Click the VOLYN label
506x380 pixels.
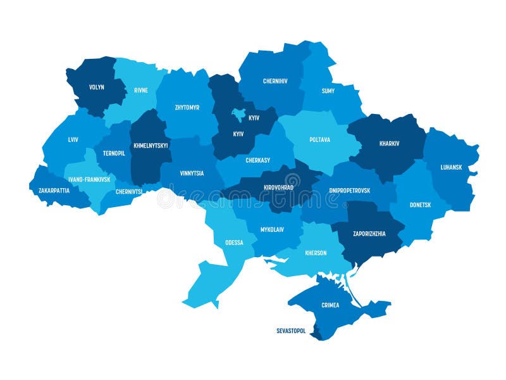coord(97,87)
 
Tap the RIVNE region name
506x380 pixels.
coord(140,91)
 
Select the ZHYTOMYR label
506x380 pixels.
coord(187,107)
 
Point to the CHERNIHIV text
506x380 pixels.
coord(276,81)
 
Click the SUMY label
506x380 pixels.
coord(328,91)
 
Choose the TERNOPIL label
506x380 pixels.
coord(114,153)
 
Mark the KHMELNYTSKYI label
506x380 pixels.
coord(151,145)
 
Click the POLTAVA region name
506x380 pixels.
coord(319,140)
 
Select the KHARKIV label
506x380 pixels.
coord(389,143)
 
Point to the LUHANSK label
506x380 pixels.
coord(452,167)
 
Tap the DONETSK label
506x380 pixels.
coord(420,205)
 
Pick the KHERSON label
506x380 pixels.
coord(316,253)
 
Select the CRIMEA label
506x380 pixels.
coord(330,305)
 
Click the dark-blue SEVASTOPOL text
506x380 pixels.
coord(291,331)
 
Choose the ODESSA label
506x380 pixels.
coord(233,243)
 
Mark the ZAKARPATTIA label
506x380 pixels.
coord(54,189)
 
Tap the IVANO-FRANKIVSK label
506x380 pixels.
coord(89,179)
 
